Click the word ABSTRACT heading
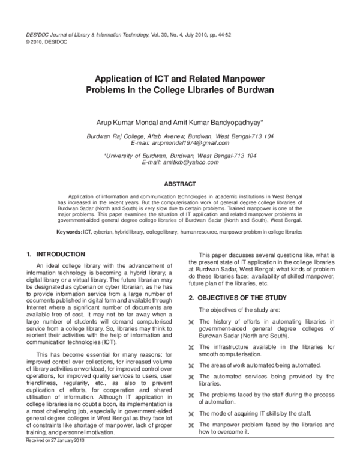180,183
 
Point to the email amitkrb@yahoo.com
180,162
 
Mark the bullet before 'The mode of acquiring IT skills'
191,414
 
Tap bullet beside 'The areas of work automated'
191,365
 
